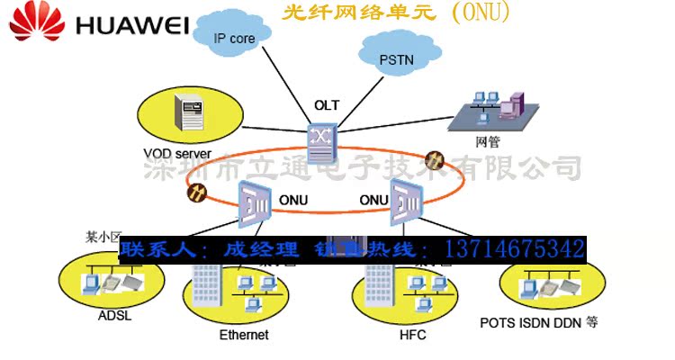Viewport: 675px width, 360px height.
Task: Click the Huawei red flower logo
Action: click(33, 22)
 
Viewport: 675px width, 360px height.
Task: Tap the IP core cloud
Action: click(234, 38)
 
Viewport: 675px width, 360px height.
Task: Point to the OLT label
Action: click(327, 105)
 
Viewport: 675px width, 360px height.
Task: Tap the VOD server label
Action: click(176, 153)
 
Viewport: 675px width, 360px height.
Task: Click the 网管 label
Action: click(487, 141)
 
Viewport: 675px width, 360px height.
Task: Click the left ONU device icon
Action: click(255, 200)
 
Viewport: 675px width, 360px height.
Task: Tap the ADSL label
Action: click(113, 316)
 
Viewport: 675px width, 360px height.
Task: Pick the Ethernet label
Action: click(244, 335)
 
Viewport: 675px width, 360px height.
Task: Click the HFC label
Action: click(411, 335)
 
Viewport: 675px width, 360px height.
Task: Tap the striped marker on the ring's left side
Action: click(195, 191)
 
